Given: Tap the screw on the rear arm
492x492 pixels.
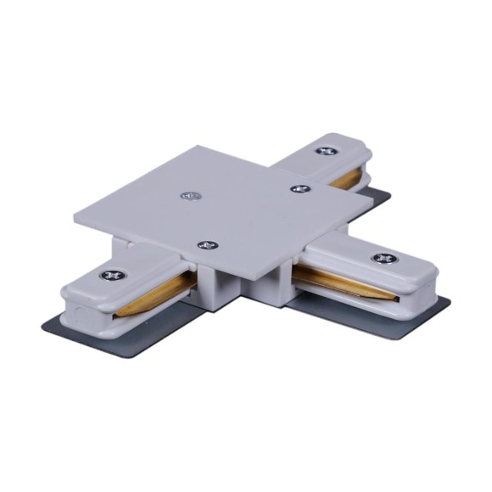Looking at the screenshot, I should pyautogui.click(x=324, y=151).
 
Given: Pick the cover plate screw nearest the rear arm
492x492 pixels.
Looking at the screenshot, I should pyautogui.click(x=297, y=188).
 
